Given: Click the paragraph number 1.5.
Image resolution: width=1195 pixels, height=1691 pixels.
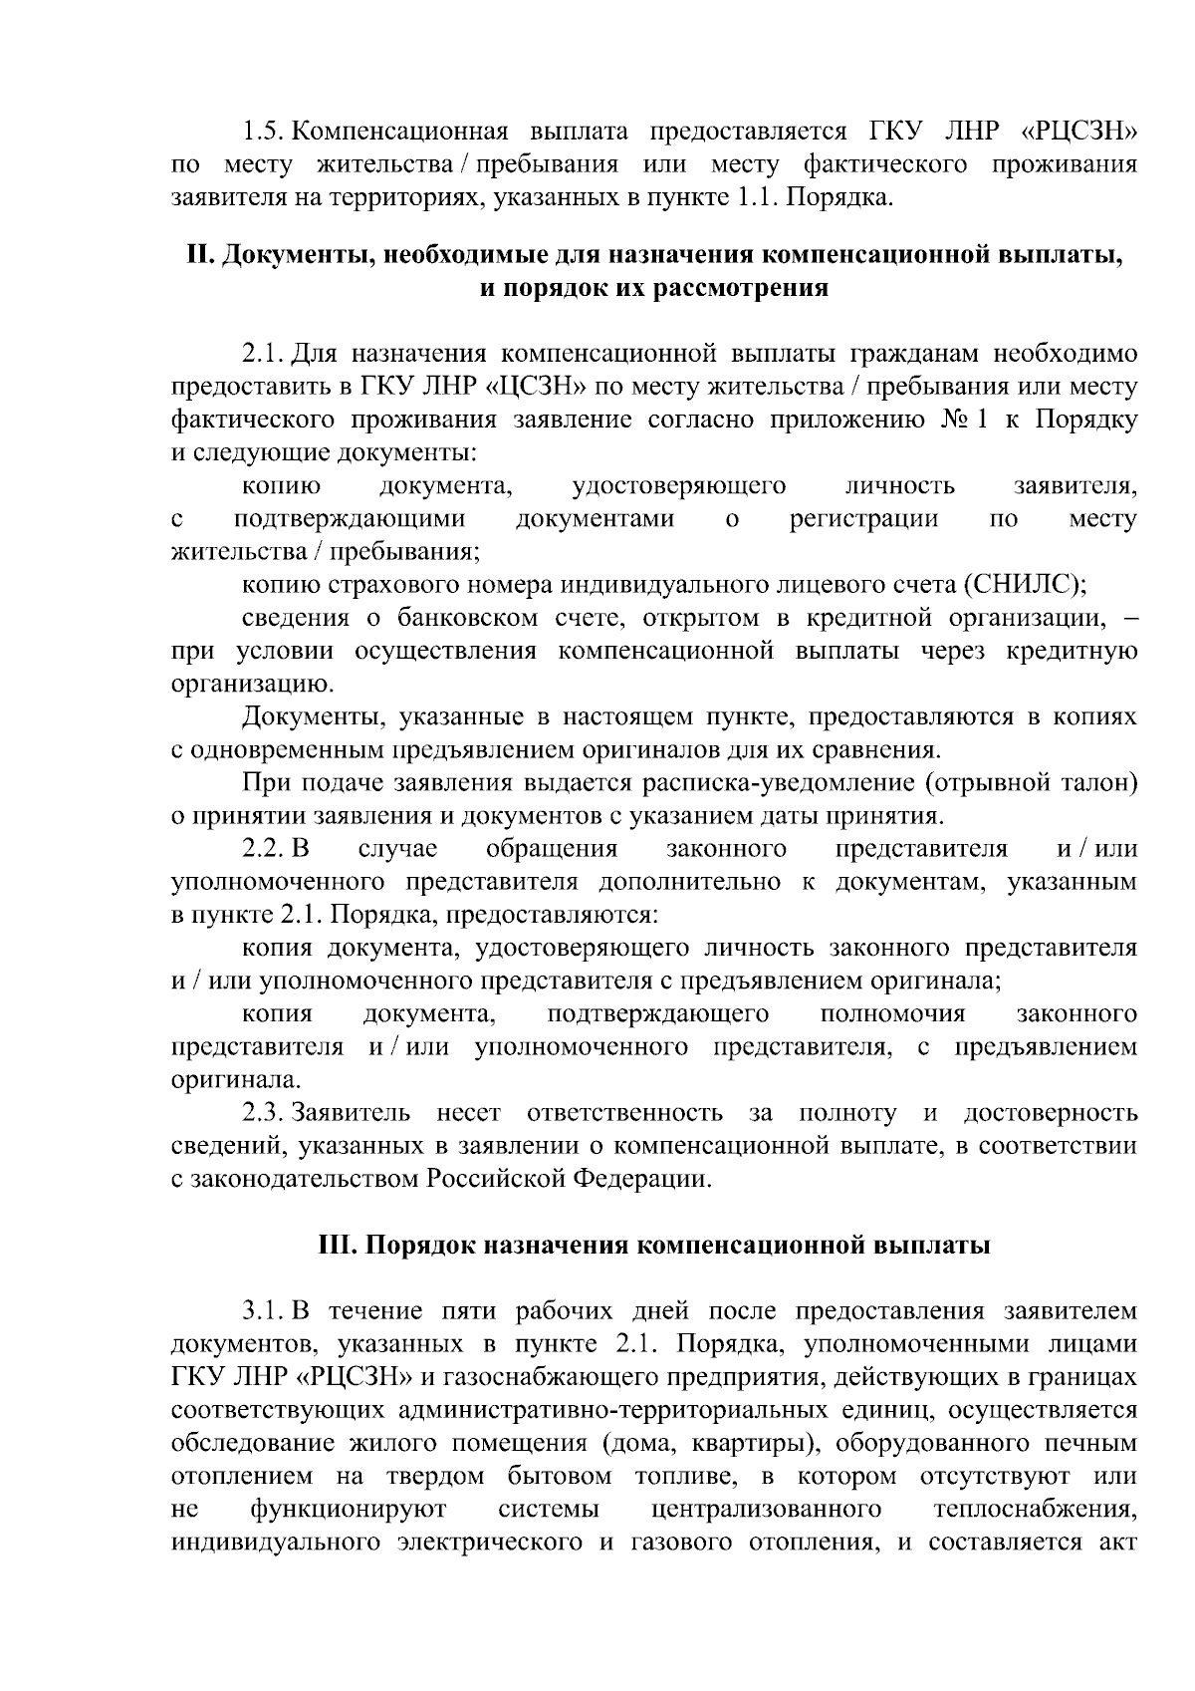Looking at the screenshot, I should [x=264, y=132].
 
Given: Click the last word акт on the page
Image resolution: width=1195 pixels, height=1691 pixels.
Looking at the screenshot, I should [x=1117, y=1543].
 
